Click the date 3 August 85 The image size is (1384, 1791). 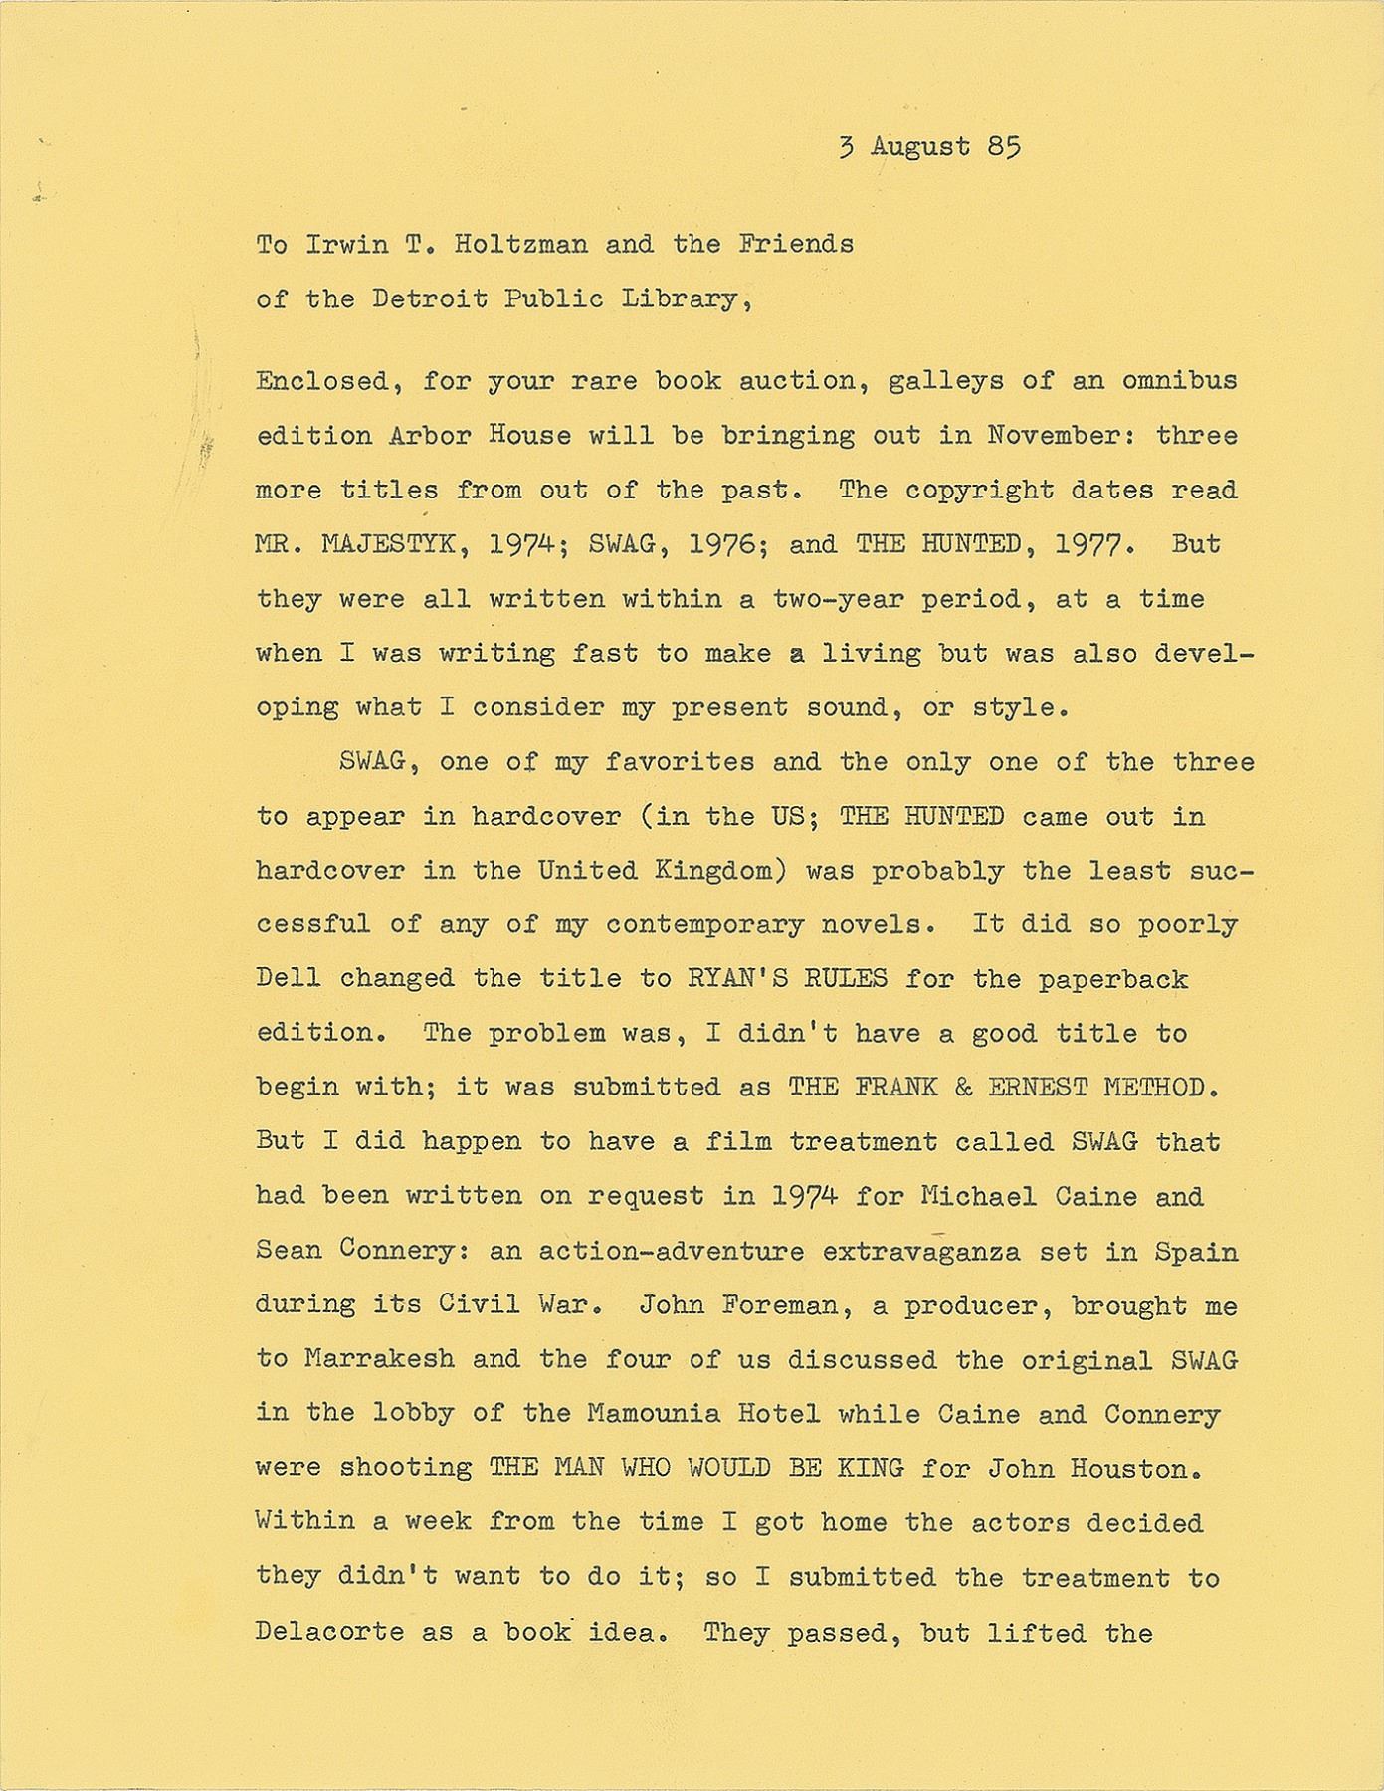[929, 147]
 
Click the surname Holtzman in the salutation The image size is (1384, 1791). [521, 245]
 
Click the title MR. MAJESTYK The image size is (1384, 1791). [362, 544]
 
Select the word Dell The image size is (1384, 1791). [289, 978]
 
